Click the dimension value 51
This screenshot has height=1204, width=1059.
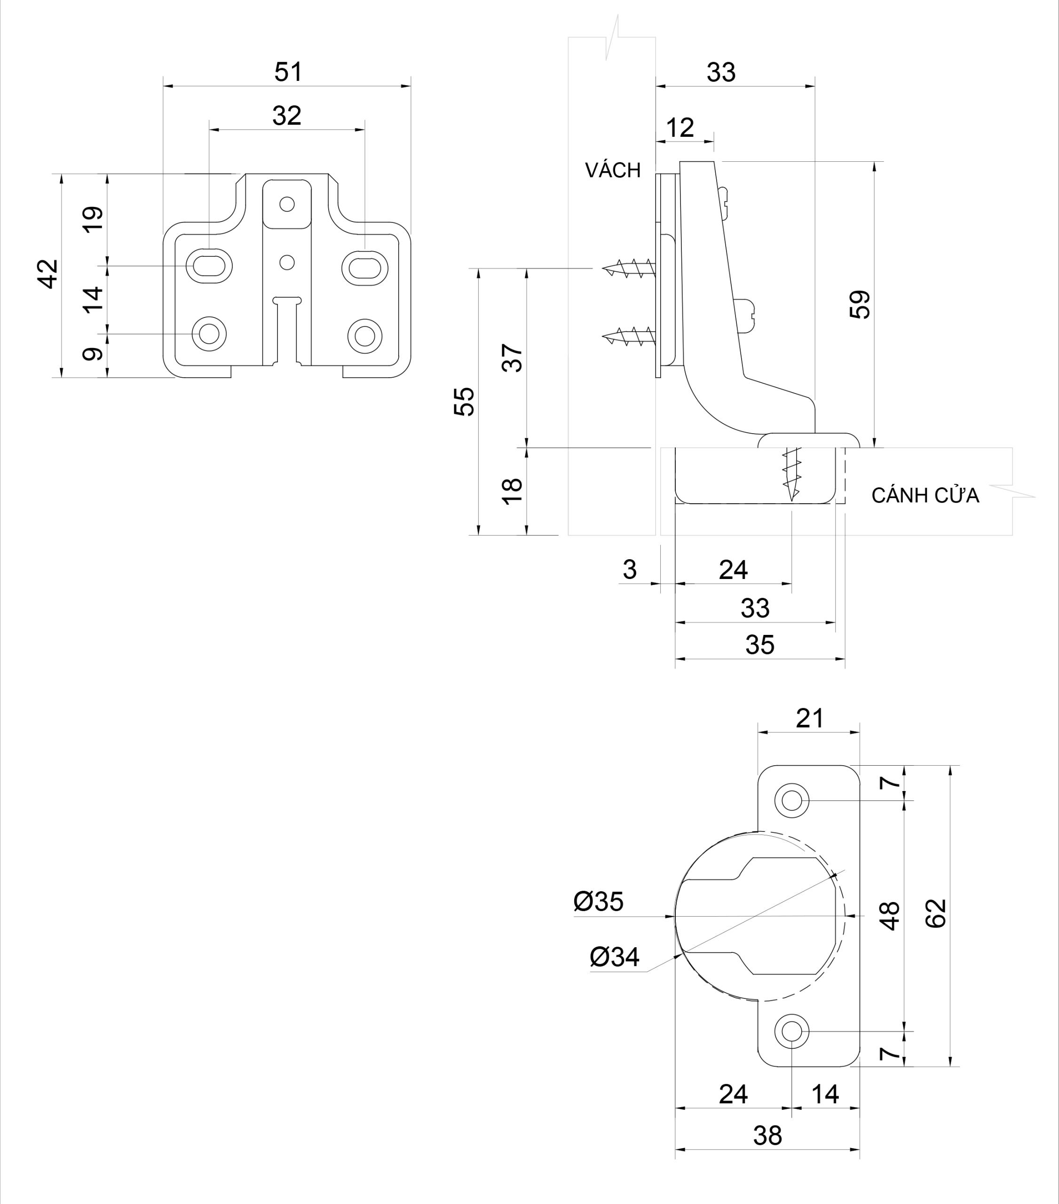point(288,72)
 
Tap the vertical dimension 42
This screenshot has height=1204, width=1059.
point(49,273)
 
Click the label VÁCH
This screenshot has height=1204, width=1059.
point(613,170)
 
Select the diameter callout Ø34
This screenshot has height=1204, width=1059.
point(614,957)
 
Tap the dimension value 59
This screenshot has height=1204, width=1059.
point(861,305)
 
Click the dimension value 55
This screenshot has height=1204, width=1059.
point(465,401)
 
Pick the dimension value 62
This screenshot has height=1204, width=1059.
point(935,914)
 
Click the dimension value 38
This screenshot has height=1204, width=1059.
point(767,1136)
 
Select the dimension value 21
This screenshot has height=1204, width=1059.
point(810,719)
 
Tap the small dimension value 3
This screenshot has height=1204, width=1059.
point(630,570)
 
